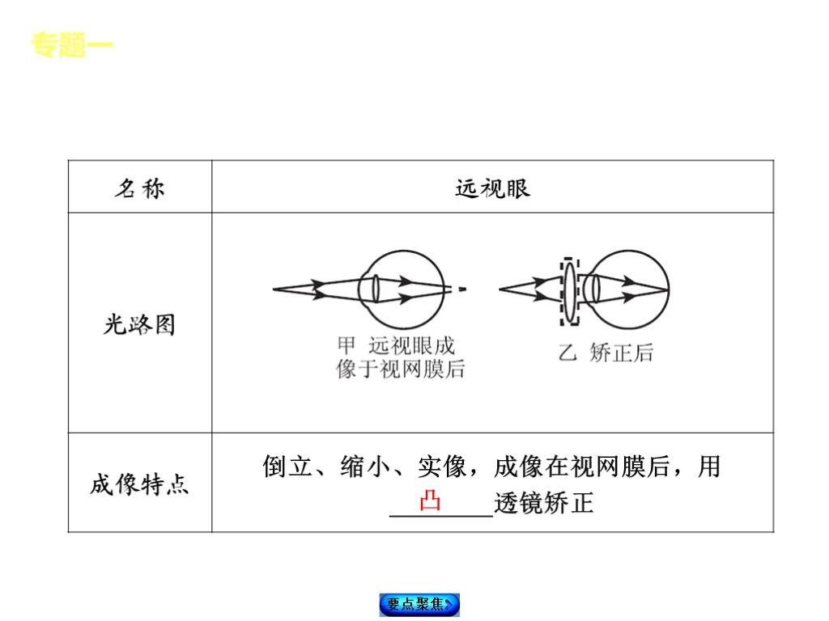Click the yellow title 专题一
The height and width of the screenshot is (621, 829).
(72, 45)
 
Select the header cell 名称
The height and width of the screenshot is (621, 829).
(139, 188)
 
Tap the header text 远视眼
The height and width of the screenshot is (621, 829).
(492, 188)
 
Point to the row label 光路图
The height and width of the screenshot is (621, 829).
(139, 325)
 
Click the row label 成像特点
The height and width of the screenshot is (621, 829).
(139, 484)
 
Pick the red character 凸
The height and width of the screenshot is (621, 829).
(430, 502)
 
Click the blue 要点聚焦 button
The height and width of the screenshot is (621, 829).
(419, 604)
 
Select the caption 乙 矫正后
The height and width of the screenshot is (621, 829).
(606, 353)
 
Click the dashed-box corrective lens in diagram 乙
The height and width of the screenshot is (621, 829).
(570, 291)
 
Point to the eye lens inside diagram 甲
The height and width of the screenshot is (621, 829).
(376, 289)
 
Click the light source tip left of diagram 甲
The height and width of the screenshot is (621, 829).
(275, 289)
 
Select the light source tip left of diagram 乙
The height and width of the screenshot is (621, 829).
(501, 289)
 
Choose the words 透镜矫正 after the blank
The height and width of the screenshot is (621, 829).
(544, 503)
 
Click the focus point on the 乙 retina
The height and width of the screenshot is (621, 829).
(668, 289)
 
